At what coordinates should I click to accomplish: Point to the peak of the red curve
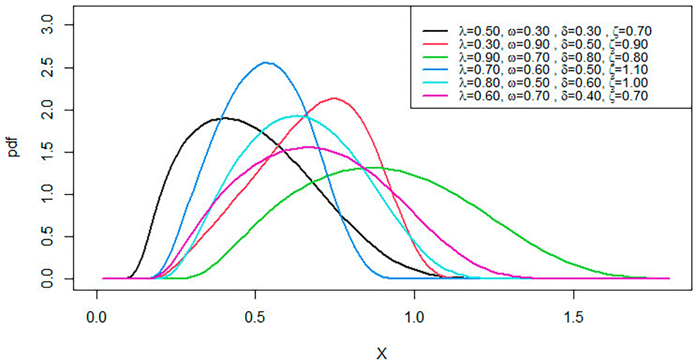tap(334, 98)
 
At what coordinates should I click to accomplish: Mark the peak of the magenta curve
tap(311, 147)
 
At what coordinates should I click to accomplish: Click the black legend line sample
tap(435, 31)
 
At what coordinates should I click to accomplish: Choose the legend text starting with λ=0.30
tap(553, 44)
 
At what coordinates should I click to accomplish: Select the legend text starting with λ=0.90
tap(553, 57)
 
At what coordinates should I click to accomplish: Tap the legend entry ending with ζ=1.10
tap(553, 70)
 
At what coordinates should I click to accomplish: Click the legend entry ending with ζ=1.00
tap(553, 83)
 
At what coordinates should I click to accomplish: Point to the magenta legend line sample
tap(435, 95)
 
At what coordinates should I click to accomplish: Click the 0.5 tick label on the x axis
tap(255, 317)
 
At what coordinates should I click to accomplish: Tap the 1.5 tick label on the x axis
tap(574, 317)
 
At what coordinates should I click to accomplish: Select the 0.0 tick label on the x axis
tap(96, 317)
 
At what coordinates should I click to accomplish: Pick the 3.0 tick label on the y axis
tap(47, 25)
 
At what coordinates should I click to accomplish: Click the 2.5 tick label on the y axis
tap(47, 67)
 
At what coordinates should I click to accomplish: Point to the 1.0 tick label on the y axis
tap(47, 194)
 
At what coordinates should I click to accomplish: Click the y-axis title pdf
tap(13, 147)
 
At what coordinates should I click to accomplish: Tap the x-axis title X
tap(382, 354)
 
